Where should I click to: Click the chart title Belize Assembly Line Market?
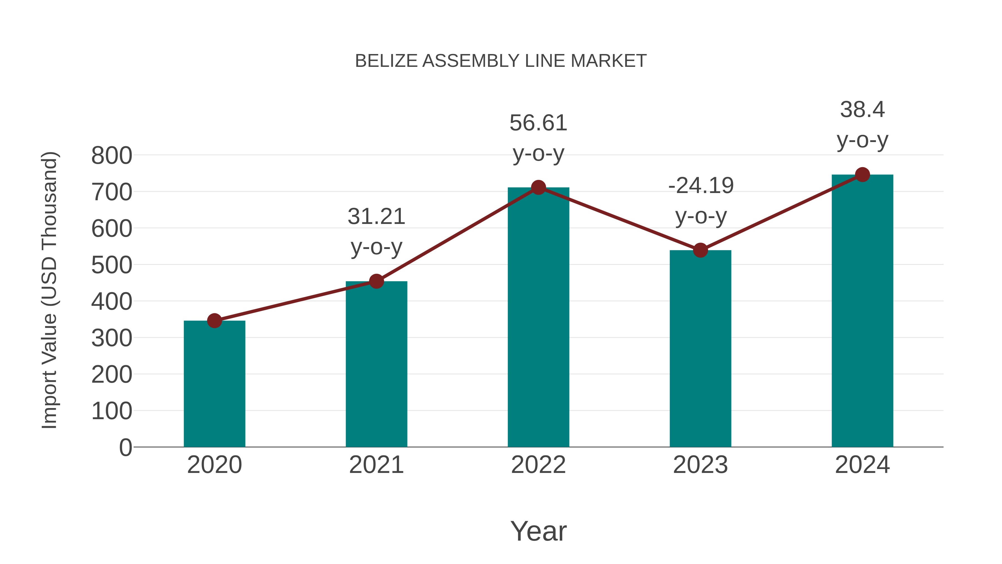[501, 61]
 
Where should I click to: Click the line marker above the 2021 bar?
[376, 281]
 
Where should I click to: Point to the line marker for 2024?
[862, 175]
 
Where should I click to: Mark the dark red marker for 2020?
[214, 321]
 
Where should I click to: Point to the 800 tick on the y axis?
[112, 156]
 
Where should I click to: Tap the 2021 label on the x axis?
[376, 465]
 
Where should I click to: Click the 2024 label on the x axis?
[862, 465]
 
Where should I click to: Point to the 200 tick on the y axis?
[112, 375]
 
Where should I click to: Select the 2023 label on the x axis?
[700, 465]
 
